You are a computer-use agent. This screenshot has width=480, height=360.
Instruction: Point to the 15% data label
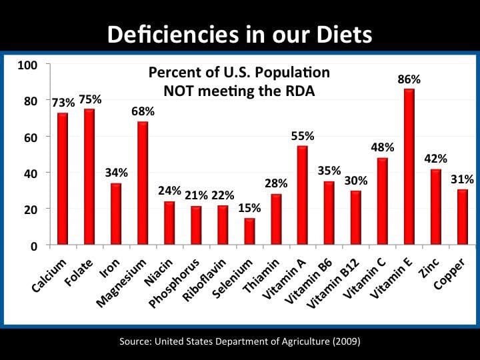point(249,208)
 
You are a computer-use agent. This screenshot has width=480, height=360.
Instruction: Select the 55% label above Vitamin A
point(302,136)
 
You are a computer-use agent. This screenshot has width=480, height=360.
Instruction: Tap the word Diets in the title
point(343,33)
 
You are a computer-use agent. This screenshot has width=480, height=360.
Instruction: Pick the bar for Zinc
point(436,207)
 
